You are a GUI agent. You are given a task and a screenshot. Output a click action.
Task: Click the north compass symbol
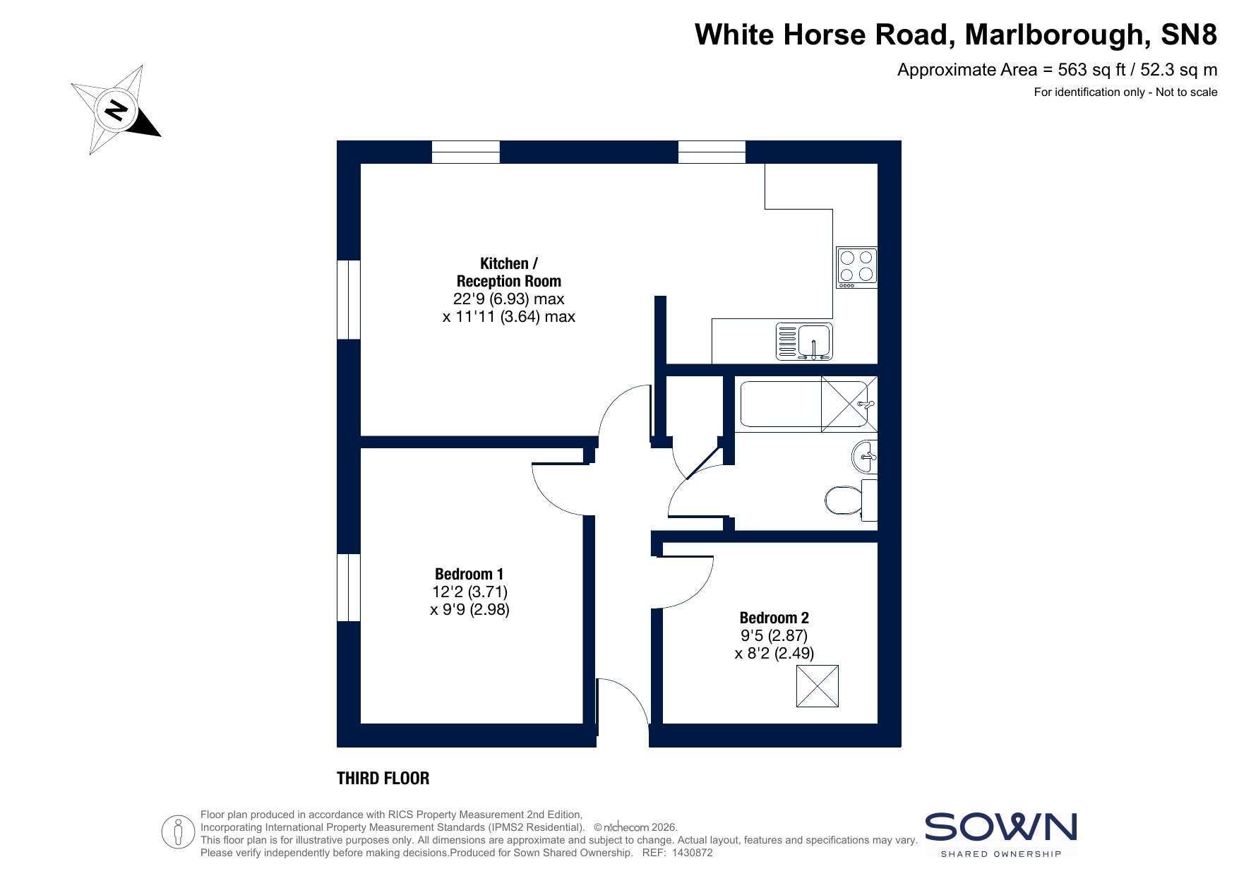[x=116, y=110]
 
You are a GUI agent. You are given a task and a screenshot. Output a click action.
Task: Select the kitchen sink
[x=804, y=342]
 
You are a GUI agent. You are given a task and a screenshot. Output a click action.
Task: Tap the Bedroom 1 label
[x=469, y=574]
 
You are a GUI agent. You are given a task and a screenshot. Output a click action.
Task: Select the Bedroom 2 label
[x=774, y=618]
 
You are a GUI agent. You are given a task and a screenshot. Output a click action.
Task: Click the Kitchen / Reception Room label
[x=508, y=272]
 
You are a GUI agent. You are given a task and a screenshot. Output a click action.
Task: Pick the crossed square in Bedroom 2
[x=818, y=686]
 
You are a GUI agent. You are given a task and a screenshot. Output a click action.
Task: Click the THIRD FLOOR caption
[x=383, y=779]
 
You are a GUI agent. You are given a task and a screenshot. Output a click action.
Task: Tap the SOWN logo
[x=1001, y=834]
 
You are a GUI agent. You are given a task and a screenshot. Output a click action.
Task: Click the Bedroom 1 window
[x=349, y=587]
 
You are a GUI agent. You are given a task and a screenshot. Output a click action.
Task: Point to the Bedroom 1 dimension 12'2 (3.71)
[x=470, y=592]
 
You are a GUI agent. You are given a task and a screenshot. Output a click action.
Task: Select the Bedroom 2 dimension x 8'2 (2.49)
[x=774, y=654]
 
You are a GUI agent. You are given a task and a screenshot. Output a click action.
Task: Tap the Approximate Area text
[x=1057, y=70]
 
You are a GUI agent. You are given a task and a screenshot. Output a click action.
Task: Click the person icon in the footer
[x=178, y=832]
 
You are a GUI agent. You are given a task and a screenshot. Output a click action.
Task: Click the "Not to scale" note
[x=1187, y=92]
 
